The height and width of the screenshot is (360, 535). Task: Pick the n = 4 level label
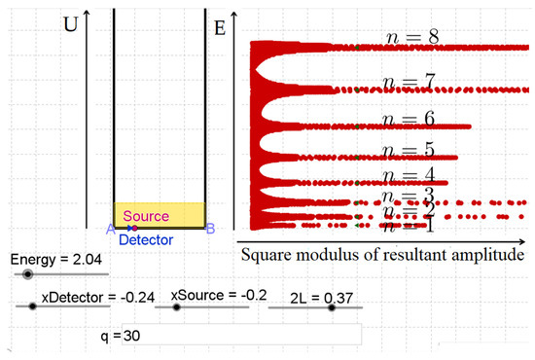click(x=407, y=176)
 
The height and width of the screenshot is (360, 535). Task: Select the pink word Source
click(x=146, y=216)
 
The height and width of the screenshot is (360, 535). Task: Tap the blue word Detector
click(x=146, y=239)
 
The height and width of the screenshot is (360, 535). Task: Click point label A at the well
click(x=111, y=229)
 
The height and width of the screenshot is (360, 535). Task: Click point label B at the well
click(x=209, y=229)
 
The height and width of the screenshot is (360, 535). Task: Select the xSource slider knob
click(x=176, y=307)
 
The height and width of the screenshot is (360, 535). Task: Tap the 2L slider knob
click(x=332, y=307)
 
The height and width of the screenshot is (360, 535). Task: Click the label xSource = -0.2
click(x=216, y=295)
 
